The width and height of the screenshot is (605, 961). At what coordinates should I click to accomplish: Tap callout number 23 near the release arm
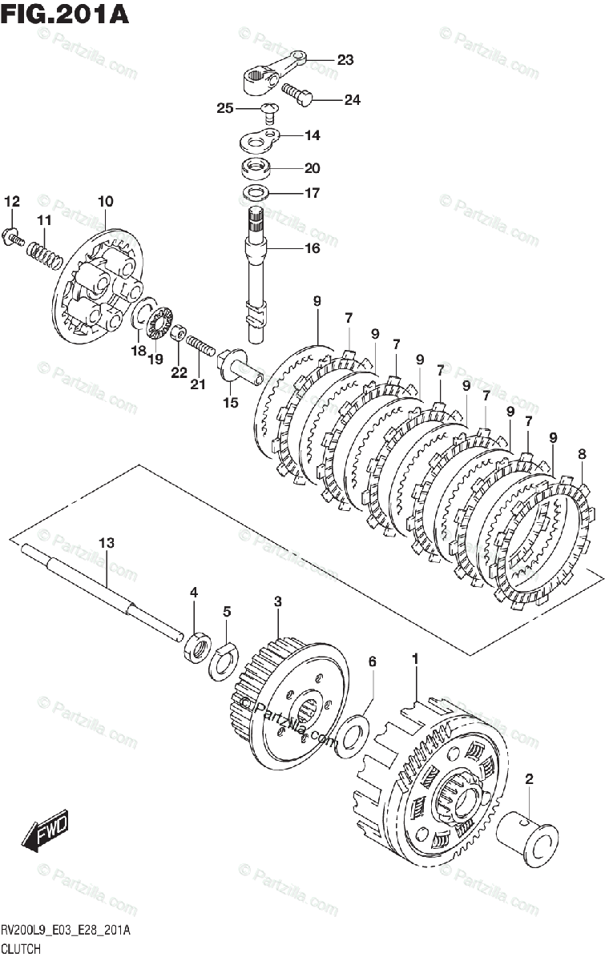tap(345, 59)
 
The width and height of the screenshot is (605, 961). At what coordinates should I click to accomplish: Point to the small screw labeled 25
tap(270, 111)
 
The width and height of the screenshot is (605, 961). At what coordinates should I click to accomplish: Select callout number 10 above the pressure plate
tap(106, 201)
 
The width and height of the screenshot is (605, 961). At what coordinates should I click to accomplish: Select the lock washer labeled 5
tap(223, 661)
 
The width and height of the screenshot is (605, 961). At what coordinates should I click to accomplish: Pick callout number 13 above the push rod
tap(106, 543)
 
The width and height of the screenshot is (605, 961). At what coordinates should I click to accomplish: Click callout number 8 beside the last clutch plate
tap(582, 454)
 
